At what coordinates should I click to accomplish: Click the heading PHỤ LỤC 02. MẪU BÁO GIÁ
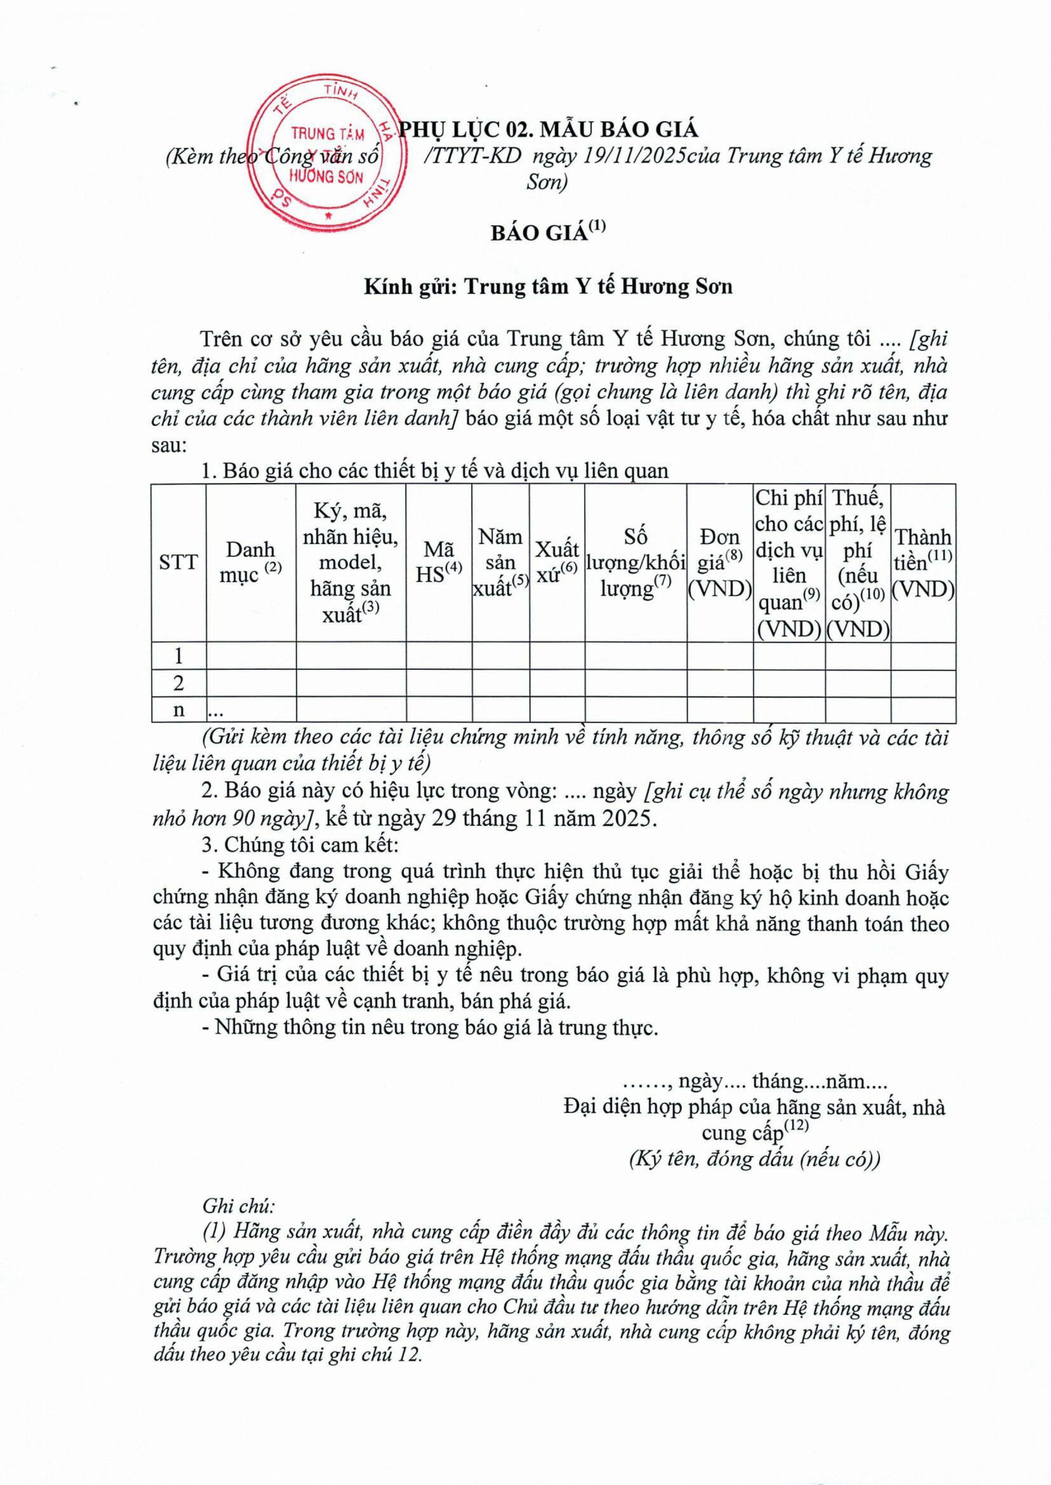(549, 129)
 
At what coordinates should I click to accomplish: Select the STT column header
(178, 562)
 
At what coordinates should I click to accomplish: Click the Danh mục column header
(250, 562)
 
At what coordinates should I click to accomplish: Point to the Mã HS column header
(439, 562)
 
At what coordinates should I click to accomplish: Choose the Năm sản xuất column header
(500, 562)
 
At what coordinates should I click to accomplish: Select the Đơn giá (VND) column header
(720, 562)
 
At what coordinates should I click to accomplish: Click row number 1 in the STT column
(178, 656)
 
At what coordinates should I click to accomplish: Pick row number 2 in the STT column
(178, 683)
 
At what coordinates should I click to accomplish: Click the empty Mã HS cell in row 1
(439, 656)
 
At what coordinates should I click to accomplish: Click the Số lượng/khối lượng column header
(636, 562)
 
